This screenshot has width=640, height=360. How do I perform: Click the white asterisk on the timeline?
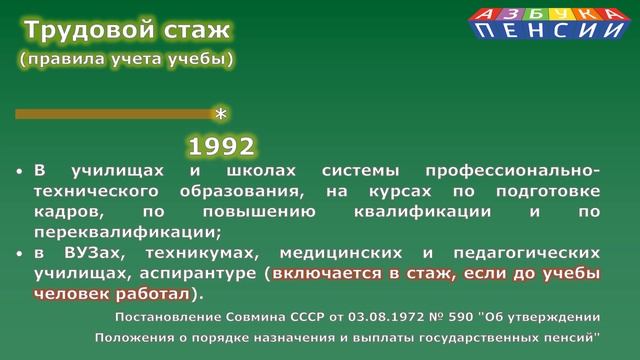(222, 114)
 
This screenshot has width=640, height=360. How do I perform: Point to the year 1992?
(221, 146)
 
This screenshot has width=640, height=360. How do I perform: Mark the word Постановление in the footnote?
(165, 318)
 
